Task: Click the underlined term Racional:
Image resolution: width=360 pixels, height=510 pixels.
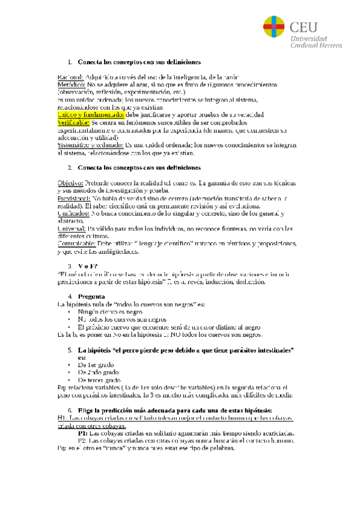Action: click(71, 78)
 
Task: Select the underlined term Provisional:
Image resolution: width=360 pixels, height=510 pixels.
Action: click(74, 197)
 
